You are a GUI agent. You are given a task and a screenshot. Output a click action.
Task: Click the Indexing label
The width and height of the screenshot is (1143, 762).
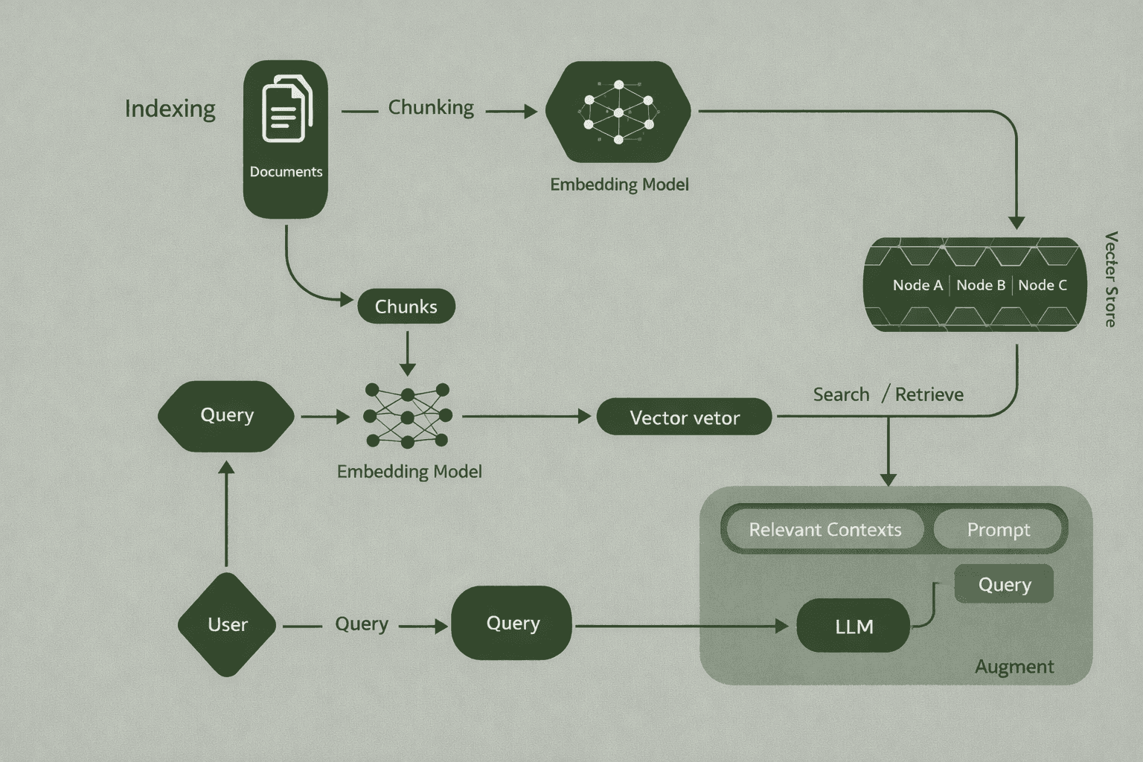click(x=170, y=109)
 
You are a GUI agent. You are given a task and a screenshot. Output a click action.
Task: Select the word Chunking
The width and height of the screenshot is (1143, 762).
click(x=431, y=108)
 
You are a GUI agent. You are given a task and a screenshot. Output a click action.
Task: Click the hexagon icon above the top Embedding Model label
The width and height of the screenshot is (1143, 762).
click(x=618, y=112)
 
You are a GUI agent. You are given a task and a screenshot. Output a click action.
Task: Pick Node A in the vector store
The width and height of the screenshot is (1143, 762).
click(x=918, y=285)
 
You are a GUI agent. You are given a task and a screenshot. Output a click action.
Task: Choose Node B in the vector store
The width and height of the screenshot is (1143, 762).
click(x=981, y=285)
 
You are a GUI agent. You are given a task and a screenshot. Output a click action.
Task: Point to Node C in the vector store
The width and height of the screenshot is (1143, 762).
click(x=1042, y=285)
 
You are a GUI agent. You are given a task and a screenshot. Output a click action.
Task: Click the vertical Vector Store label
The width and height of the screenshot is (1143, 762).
click(x=1110, y=279)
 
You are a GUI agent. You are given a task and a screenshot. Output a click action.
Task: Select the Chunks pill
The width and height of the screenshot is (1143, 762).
click(x=406, y=307)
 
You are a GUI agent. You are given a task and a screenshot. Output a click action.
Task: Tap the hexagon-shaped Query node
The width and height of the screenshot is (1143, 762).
click(x=227, y=415)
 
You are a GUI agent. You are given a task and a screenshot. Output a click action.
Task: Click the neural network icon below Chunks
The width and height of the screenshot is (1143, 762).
click(x=407, y=415)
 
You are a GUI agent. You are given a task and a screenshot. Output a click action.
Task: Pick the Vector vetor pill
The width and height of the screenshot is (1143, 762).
click(x=684, y=417)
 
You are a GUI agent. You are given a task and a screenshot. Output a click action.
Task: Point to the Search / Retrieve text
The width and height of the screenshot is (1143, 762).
click(x=888, y=394)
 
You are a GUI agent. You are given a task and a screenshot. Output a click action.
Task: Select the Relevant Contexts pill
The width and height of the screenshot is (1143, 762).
click(x=825, y=530)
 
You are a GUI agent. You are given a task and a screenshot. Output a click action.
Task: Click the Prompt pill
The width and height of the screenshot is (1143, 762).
click(x=998, y=530)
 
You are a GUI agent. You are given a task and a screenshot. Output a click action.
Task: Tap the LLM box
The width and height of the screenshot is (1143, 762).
click(x=854, y=627)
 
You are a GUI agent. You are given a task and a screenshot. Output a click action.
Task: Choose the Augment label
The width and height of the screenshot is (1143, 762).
click(x=1014, y=667)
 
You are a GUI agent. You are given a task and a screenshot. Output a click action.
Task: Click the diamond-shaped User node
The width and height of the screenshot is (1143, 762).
click(x=227, y=624)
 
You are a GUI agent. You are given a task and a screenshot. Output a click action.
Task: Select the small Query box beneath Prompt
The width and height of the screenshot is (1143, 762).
click(x=1004, y=584)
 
